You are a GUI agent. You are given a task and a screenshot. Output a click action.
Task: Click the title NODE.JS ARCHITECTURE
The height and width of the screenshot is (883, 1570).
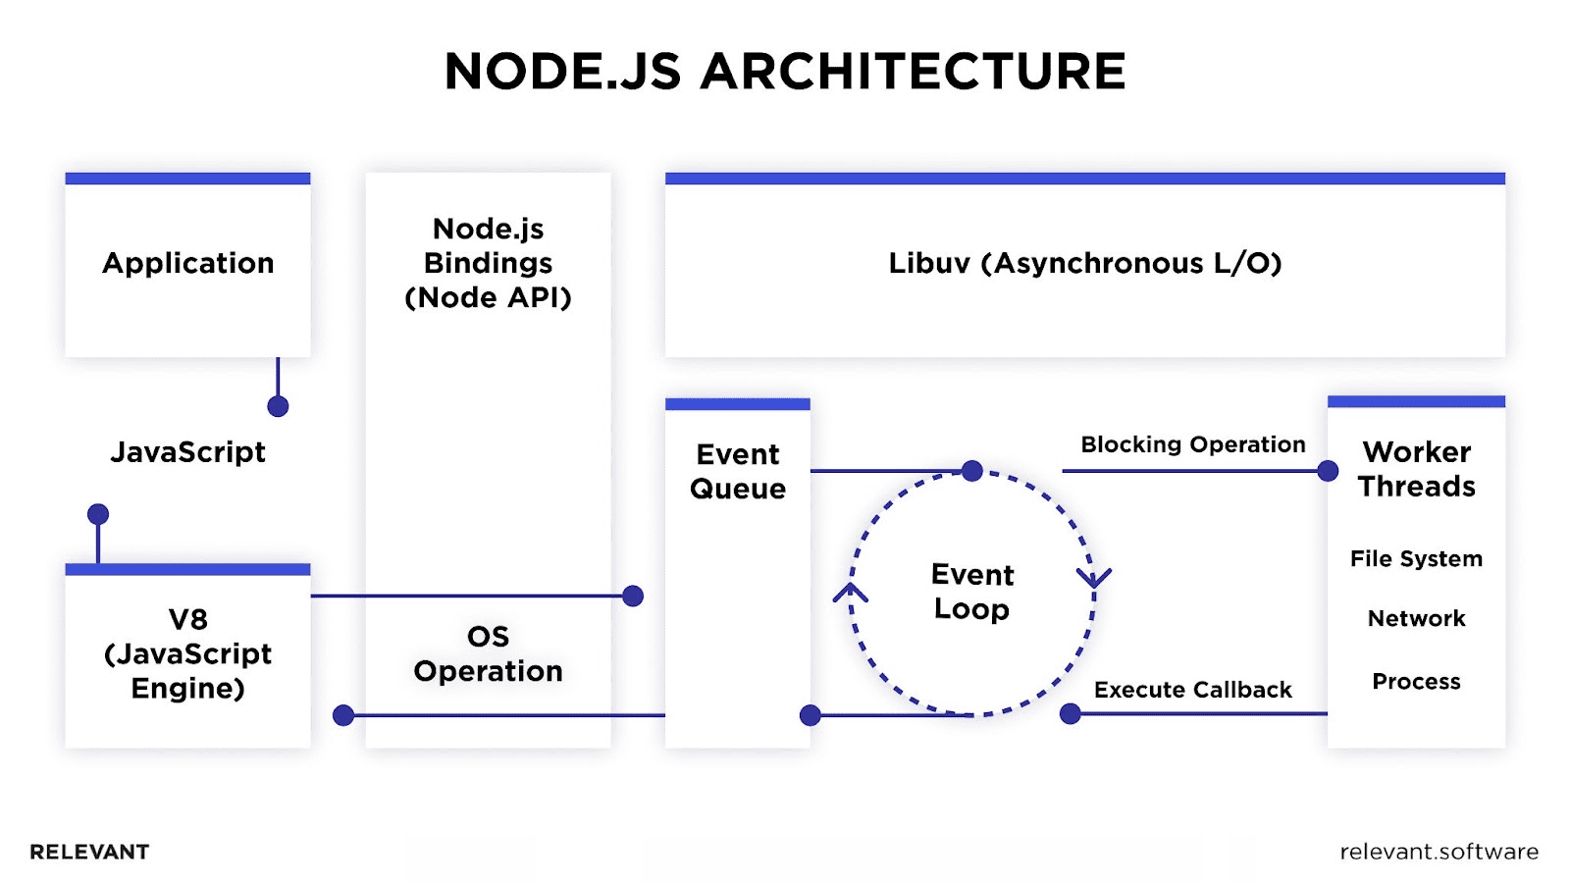pos(785,72)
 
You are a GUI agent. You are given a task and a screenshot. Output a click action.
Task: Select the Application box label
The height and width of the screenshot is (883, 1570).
pos(188,263)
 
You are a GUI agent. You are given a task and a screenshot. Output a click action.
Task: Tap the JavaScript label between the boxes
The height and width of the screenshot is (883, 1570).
pos(188,452)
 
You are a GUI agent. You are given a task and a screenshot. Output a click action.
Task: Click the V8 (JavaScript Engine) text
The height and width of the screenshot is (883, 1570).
pos(188,653)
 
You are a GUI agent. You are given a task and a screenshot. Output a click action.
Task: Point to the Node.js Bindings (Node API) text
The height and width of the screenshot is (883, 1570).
pos(488,263)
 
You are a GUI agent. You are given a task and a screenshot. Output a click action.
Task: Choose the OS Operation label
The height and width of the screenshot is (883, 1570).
pos(488,653)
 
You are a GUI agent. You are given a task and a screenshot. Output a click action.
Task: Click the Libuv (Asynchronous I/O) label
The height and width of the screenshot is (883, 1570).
pos(1085,263)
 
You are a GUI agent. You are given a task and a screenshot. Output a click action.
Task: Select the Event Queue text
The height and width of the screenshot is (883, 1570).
pos(738,471)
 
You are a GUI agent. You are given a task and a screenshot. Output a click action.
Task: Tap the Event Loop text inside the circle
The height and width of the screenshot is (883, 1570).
pos(972,592)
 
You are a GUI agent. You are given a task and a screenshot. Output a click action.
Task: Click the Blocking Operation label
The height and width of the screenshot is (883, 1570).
pos(1193,444)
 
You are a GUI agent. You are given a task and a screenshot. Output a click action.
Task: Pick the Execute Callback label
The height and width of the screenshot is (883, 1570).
pos(1193,690)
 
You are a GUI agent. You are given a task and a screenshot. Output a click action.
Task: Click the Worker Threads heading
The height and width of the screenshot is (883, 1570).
pos(1416,469)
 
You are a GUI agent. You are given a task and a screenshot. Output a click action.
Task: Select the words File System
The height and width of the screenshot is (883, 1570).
pos(1416,559)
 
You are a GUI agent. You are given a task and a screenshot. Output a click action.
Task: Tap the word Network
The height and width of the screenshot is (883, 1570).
pos(1416,619)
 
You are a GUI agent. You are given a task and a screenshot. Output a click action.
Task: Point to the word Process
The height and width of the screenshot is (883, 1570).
pos(1416,682)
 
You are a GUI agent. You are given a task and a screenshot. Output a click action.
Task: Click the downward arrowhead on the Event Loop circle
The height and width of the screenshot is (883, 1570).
pos(1094,577)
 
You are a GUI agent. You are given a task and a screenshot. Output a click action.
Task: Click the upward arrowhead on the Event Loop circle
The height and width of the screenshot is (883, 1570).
pos(851,593)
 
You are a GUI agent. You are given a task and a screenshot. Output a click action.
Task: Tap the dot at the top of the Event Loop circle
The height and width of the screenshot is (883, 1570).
pos(972,471)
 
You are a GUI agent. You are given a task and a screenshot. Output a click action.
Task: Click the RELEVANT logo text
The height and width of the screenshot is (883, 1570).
pos(89,852)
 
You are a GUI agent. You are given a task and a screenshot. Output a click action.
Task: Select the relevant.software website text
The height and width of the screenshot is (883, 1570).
pos(1439,852)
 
